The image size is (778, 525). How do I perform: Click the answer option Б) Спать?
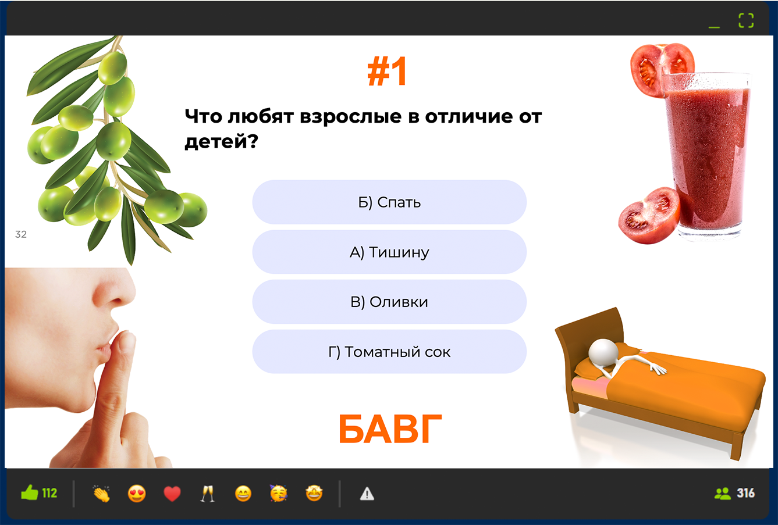389,202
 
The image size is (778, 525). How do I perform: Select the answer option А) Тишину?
389,252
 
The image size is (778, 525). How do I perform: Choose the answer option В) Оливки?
389,302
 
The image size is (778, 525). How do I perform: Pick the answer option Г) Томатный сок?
389,352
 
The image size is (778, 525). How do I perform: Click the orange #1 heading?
388,71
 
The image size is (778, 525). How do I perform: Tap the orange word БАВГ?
390,429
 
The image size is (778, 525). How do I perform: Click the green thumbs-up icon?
30,492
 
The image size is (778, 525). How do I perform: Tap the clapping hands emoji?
101,494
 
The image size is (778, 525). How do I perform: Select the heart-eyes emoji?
137,494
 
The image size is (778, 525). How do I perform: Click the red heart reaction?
172,494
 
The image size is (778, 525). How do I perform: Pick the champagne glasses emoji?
208,494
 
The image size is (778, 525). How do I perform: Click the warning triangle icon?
367,494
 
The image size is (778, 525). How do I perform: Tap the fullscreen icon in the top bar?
746,20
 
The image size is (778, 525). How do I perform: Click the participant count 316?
745,493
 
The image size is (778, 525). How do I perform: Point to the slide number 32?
21,234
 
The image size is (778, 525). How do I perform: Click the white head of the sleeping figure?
603,352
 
